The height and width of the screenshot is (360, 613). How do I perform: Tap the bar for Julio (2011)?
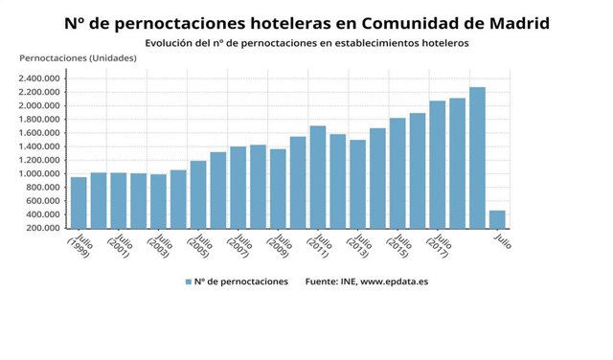point(318,177)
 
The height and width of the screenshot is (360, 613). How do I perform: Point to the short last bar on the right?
point(497,219)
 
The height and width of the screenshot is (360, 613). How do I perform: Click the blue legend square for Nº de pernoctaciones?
point(188,281)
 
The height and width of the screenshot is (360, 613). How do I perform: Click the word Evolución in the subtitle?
point(169,43)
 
